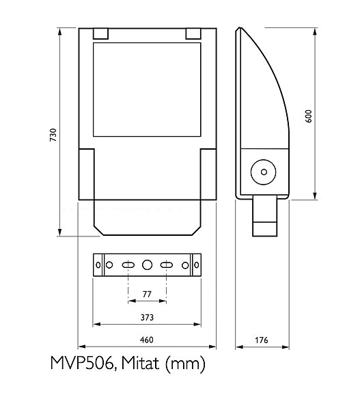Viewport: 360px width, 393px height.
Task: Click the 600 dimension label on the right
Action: point(309,115)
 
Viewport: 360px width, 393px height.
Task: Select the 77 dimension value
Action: point(146,294)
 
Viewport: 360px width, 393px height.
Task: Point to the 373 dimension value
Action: point(146,317)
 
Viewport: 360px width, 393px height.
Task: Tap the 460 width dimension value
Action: point(146,340)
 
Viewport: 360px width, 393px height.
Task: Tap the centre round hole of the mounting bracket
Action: point(147,265)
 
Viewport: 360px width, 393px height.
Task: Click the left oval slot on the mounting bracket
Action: point(128,265)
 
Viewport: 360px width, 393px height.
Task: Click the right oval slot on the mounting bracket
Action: point(165,265)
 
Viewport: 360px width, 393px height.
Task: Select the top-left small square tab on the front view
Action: point(100,33)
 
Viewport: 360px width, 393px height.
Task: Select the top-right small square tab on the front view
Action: point(193,33)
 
